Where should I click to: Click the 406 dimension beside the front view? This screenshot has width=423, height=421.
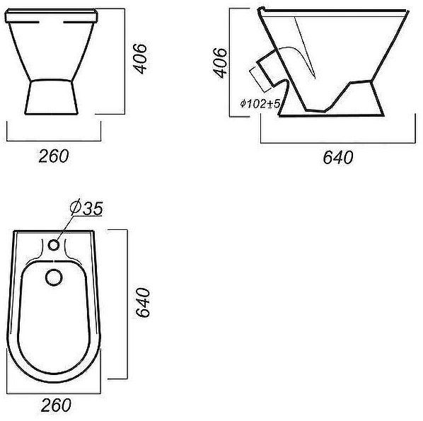[x=141, y=59]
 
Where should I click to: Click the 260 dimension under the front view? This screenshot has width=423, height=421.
[x=54, y=156]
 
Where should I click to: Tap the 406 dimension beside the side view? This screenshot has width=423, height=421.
[x=219, y=62]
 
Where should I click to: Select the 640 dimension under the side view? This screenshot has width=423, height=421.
[x=338, y=157]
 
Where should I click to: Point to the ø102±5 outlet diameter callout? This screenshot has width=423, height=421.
[x=260, y=103]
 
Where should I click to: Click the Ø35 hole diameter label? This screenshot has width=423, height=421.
[x=86, y=207]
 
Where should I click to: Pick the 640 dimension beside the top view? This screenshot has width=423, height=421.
[x=142, y=302]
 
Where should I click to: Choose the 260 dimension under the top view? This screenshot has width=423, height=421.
[x=56, y=405]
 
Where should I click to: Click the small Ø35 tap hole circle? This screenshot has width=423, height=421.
[x=54, y=245]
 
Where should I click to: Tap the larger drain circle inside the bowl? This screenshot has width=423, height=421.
[x=54, y=277]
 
